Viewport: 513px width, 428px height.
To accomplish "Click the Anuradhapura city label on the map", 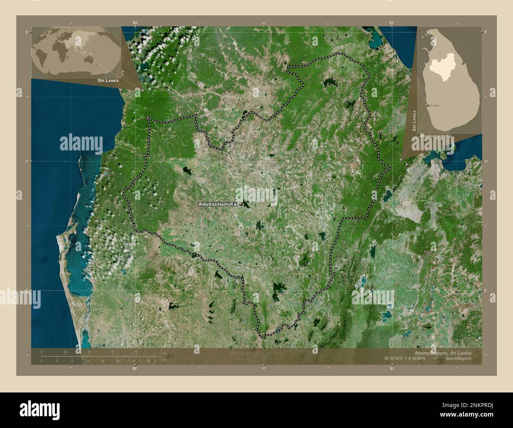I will pos(217,204).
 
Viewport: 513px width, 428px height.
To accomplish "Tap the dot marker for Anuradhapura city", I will pos(240,204).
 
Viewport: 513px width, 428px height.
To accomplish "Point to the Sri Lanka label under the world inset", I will pos(105,80).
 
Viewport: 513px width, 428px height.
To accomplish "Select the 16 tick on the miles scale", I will pos(103,361).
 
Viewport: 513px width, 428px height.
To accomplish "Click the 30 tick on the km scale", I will pos(113,351).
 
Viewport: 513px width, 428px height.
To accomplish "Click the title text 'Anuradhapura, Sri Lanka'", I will pos(443,352).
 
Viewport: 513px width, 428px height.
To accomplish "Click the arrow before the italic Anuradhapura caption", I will pos(434,358).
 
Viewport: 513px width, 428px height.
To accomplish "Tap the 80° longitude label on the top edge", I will pos(135,23).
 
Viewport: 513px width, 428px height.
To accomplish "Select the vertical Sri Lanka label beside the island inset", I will pos(414,121).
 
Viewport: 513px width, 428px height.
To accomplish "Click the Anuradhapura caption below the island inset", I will pos(436,135).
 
